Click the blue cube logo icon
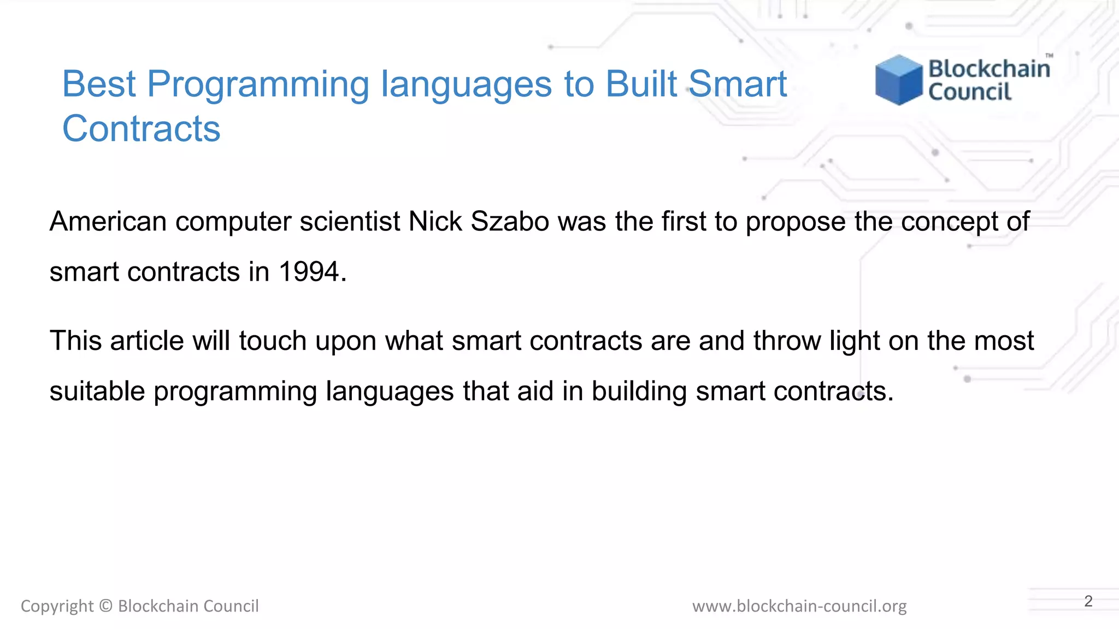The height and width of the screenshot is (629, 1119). (x=898, y=80)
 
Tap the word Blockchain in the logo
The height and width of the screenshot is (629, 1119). (x=989, y=69)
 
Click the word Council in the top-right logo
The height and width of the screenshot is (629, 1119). (x=970, y=92)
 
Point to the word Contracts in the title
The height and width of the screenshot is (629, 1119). (x=141, y=129)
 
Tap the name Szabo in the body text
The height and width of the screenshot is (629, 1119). (x=509, y=222)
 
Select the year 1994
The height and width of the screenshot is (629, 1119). (x=309, y=272)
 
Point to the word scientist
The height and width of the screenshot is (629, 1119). (x=350, y=222)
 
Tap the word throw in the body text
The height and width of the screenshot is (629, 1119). (x=787, y=341)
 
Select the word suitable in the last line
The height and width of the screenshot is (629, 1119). (x=97, y=391)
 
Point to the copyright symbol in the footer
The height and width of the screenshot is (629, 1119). (x=106, y=606)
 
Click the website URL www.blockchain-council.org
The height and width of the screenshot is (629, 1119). (x=799, y=606)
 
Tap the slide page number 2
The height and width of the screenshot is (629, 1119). (x=1088, y=601)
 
